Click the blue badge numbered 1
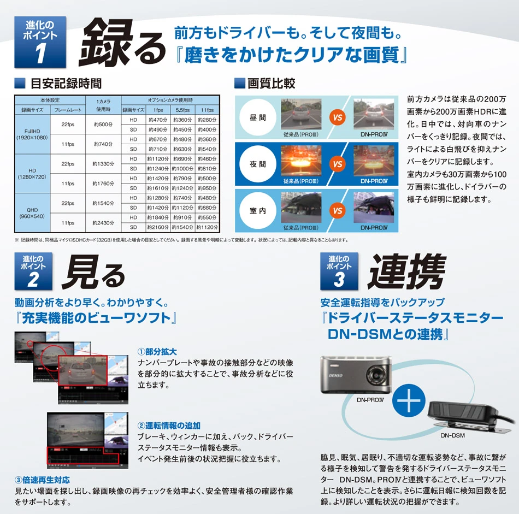40,42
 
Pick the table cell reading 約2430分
103,223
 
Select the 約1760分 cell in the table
103,184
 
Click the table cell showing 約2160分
158,228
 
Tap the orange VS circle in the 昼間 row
338,117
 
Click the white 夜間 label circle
258,164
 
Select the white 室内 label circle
258,210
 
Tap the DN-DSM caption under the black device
452,436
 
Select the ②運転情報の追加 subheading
169,425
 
